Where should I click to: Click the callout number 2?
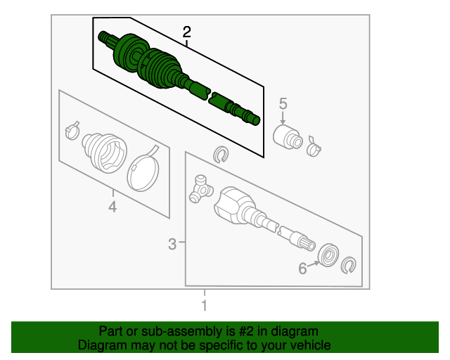coord(186,32)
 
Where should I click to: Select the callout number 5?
coord(283,104)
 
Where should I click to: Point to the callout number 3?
coord(172,244)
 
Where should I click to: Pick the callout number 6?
coord(303,267)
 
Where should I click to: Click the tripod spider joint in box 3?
coord(200,188)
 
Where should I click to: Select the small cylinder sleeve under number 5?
coord(287,136)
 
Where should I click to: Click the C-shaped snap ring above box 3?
coord(220,154)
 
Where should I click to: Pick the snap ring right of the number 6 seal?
coord(348,266)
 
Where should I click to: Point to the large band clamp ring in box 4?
coord(144,167)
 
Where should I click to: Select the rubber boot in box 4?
coord(104,150)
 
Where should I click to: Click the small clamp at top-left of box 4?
coord(72,131)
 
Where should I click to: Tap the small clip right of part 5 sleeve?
coord(314,146)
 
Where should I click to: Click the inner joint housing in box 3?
coord(232,205)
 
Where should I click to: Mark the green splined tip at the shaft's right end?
coord(255,120)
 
